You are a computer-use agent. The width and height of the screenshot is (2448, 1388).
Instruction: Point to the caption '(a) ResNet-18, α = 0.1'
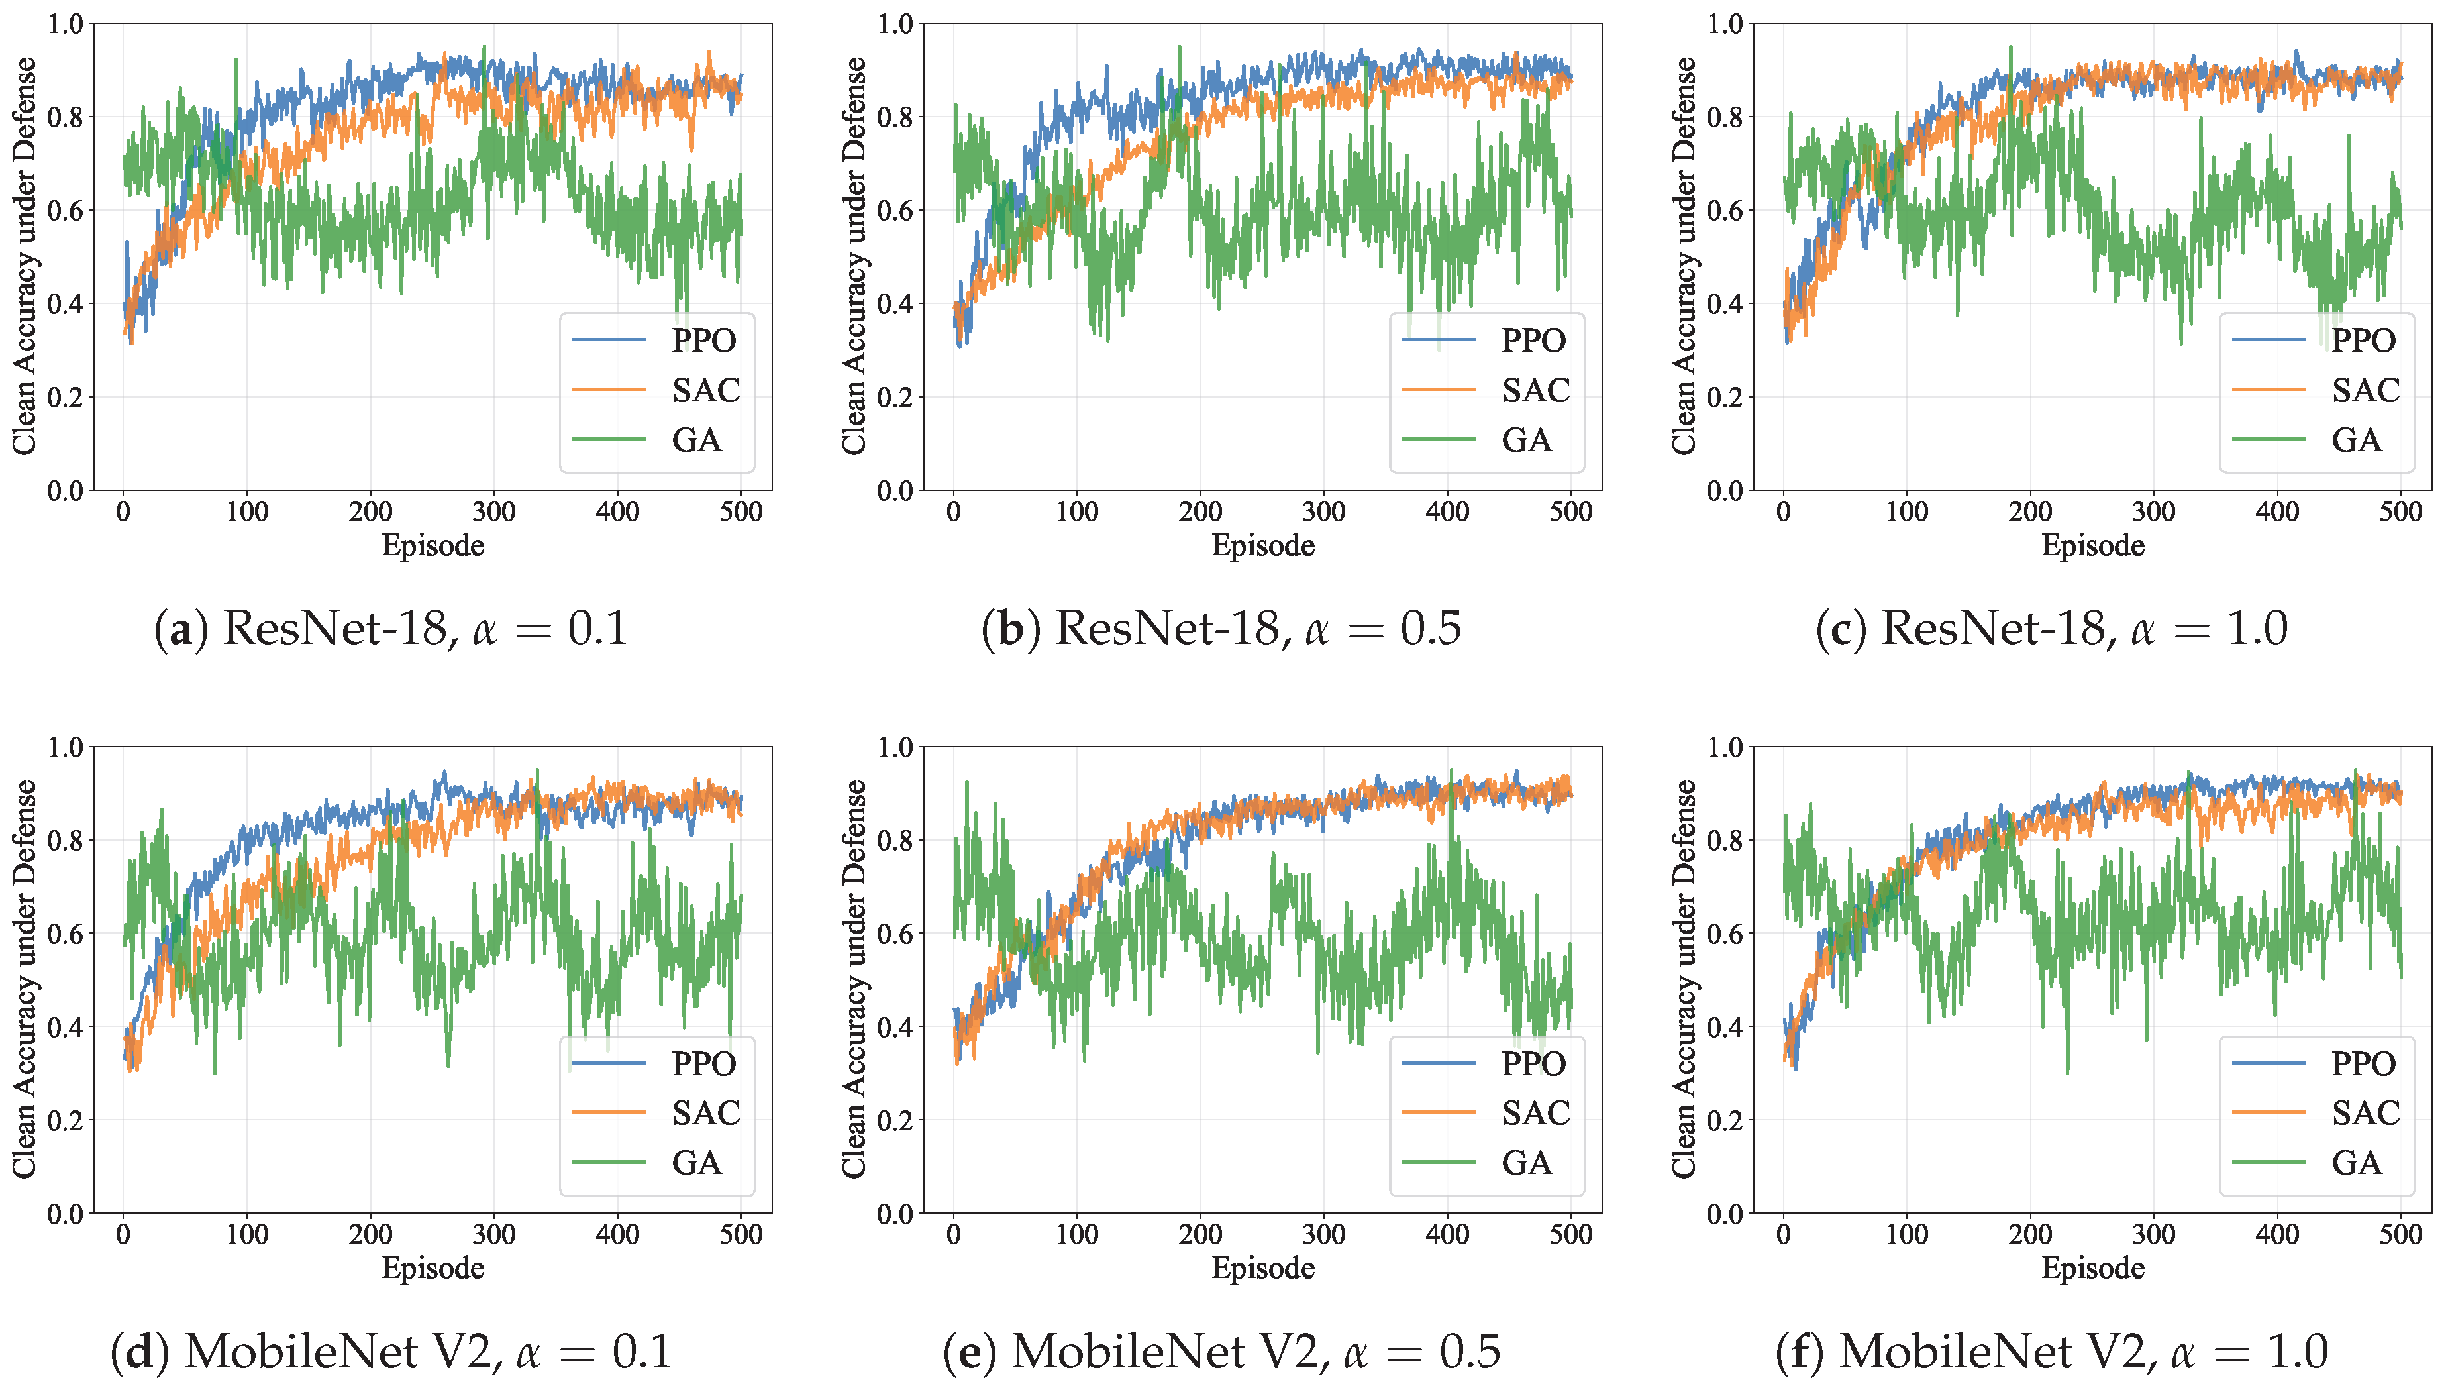(391, 628)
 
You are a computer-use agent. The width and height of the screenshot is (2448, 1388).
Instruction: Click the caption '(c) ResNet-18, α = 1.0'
(2052, 628)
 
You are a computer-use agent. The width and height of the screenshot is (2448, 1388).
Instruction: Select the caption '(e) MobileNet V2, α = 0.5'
(1221, 1351)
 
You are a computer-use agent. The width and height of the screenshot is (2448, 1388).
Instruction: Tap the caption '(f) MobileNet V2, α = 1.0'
(2052, 1351)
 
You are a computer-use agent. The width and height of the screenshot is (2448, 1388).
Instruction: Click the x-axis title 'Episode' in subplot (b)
(1262, 545)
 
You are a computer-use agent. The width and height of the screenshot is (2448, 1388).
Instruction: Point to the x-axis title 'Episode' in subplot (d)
(433, 1268)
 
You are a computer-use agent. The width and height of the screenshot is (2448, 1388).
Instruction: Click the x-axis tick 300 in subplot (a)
(493, 512)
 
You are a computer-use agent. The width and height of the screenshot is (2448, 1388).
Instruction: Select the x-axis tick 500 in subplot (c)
(2400, 512)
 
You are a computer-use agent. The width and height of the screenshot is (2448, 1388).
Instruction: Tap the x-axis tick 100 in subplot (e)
(1077, 1234)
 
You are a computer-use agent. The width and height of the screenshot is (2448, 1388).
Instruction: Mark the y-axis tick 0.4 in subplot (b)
(895, 304)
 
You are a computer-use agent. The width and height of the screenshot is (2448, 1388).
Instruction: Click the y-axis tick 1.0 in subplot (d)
(65, 747)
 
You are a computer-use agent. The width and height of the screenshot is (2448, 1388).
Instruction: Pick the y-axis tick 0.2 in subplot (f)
(1725, 1120)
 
